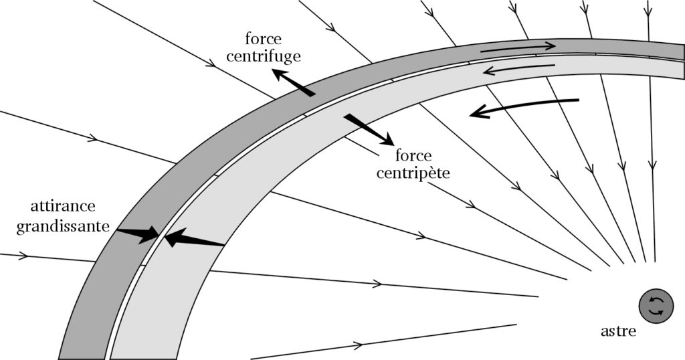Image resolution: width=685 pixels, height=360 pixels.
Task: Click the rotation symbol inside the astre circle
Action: [655, 306]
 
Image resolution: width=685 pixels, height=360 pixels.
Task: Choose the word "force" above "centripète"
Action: [412, 157]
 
